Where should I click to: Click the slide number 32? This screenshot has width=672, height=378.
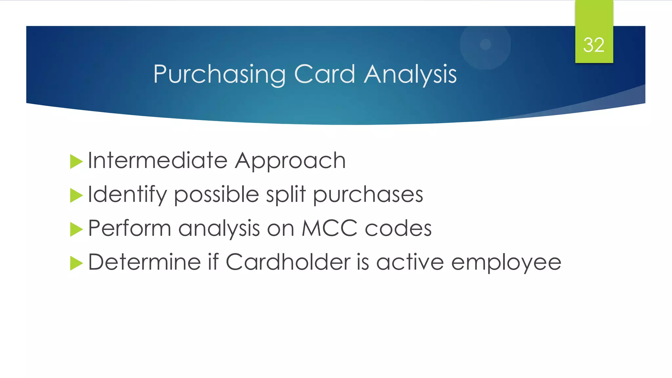tap(594, 45)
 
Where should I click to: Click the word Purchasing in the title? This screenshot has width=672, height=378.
tap(219, 75)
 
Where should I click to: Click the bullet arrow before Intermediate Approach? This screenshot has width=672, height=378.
tap(76, 162)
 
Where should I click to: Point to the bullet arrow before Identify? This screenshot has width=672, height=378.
tap(76, 196)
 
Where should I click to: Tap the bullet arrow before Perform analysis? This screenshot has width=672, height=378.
tap(76, 229)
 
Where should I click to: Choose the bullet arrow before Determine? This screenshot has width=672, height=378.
tap(76, 263)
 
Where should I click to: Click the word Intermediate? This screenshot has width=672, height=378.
tap(157, 161)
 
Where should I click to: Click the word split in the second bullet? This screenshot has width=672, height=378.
tap(285, 195)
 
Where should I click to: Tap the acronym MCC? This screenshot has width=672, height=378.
tap(329, 228)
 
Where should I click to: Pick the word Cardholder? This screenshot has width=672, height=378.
tap(288, 262)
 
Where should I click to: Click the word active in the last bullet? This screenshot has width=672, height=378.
tap(410, 262)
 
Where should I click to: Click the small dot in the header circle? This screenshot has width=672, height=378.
tap(485, 44)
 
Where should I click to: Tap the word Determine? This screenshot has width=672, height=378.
tap(144, 262)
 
